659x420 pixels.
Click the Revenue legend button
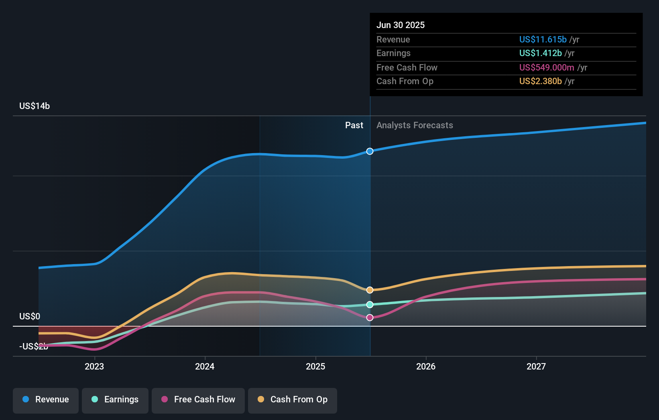point(46,400)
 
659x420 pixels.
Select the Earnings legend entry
point(115,400)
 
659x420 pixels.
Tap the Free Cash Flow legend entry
point(198,400)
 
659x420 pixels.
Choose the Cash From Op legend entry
point(293,400)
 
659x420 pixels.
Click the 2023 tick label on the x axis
point(94,366)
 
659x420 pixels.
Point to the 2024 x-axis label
point(205,366)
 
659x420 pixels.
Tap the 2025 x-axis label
point(315,366)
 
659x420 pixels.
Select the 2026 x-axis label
point(426,366)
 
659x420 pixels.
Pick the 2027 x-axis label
point(536,366)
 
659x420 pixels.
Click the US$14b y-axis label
point(35,106)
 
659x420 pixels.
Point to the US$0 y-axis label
point(30,316)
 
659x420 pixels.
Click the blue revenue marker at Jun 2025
point(370,151)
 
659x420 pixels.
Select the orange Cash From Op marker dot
point(370,290)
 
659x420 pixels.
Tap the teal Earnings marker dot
point(370,305)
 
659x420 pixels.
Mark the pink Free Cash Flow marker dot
point(370,317)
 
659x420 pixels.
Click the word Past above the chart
point(354,125)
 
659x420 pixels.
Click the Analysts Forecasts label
point(415,125)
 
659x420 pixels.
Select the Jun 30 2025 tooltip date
point(401,25)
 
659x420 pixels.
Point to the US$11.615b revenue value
point(543,39)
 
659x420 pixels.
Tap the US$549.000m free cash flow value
point(547,67)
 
